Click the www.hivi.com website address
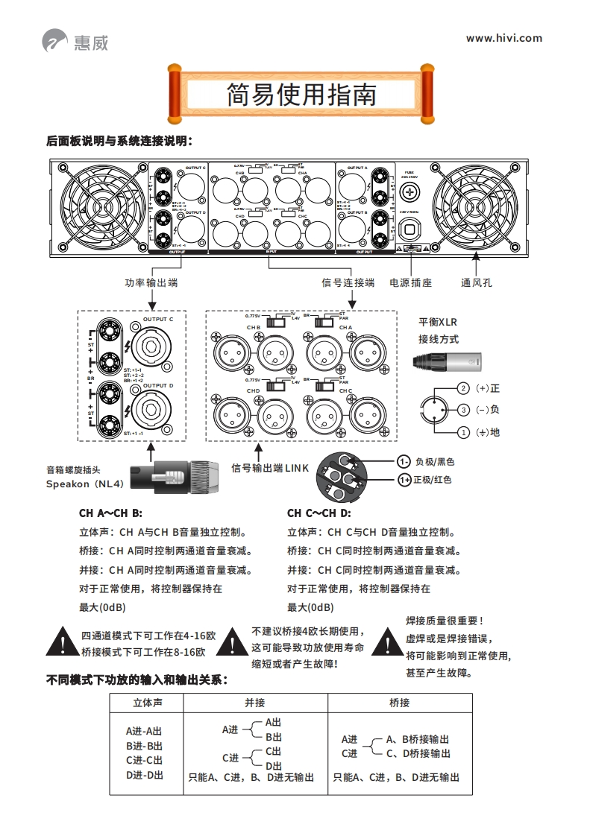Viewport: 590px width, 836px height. coord(504,38)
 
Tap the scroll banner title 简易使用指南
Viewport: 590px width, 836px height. coord(301,95)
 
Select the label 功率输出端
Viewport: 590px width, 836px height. coord(151,282)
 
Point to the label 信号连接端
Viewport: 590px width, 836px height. coord(348,282)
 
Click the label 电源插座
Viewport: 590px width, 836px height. coord(411,282)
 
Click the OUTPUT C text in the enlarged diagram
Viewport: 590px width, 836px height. coord(158,319)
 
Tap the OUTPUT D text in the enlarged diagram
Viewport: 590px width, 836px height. coord(158,385)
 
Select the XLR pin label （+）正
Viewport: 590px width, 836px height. coord(486,388)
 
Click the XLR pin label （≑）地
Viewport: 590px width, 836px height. coord(486,432)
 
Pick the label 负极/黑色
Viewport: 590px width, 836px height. coord(434,461)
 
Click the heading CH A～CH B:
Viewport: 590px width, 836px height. coord(110,513)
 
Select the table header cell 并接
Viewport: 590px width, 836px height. coord(255,702)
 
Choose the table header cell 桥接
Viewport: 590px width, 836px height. coord(399,702)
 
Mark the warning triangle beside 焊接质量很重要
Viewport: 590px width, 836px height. coord(387,643)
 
